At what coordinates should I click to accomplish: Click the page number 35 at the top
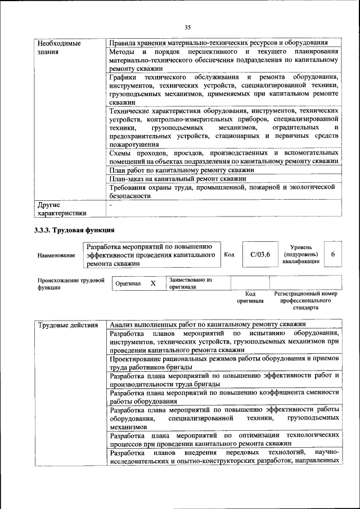(187, 26)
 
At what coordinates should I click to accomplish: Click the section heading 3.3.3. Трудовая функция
(75, 229)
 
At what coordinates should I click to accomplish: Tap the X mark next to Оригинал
(152, 283)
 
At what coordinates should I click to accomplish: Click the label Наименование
(56, 255)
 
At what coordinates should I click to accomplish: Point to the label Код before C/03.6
(229, 255)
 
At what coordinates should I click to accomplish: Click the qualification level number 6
(333, 255)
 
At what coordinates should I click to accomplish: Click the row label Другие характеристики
(61, 209)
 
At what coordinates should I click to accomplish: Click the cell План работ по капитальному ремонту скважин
(182, 169)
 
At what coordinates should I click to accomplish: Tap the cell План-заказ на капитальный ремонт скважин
(178, 178)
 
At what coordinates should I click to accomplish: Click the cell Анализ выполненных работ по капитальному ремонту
(208, 325)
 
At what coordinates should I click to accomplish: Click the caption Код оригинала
(250, 297)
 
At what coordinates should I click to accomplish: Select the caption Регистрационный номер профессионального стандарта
(305, 300)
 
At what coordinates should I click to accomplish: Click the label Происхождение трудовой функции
(71, 283)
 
